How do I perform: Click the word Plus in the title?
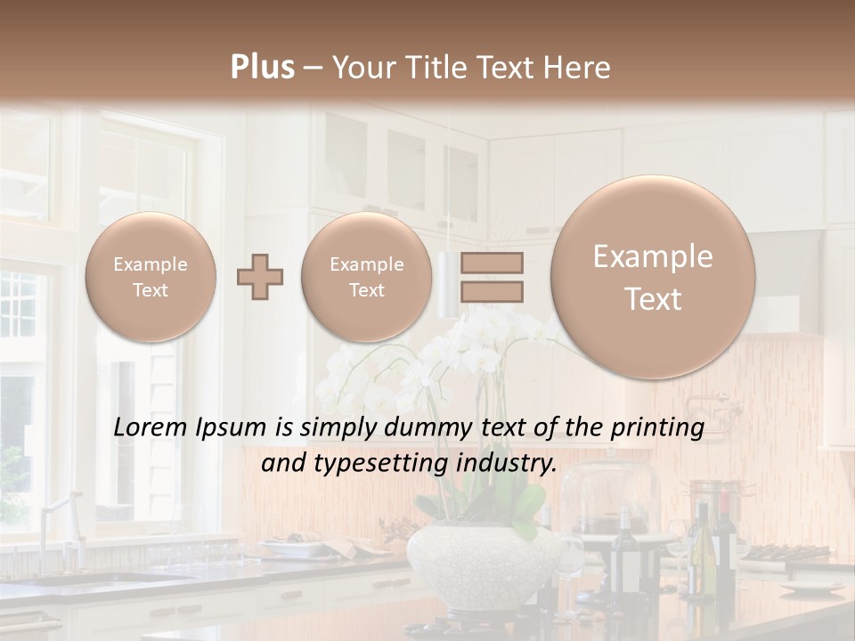pyautogui.click(x=262, y=68)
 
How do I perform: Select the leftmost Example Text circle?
pyautogui.click(x=150, y=277)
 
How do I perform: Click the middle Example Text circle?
pyautogui.click(x=366, y=277)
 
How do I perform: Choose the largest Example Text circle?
pyautogui.click(x=653, y=277)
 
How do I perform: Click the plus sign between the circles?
pyautogui.click(x=259, y=277)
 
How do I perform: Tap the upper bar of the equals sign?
pyautogui.click(x=492, y=263)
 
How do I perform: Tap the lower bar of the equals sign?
pyautogui.click(x=492, y=291)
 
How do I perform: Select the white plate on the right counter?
pyautogui.click(x=811, y=587)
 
